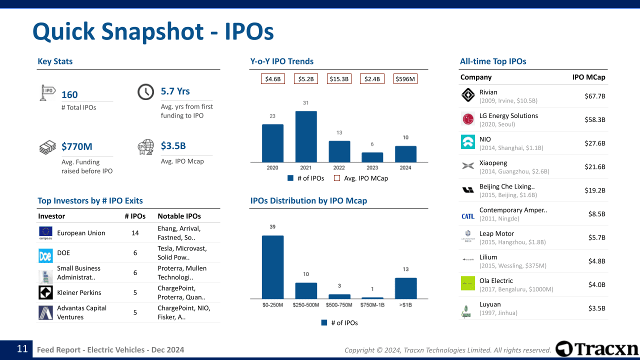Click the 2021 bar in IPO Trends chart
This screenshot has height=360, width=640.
306,136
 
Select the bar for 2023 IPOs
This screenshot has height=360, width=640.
372,157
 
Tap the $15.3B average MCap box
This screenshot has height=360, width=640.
339,79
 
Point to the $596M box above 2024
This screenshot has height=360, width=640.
405,79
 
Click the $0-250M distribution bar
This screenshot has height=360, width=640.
272,267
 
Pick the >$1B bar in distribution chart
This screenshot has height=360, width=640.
405,288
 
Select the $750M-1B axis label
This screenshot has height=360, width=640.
372,304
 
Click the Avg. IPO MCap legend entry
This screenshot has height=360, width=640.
361,178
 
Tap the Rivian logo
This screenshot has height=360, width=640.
468,95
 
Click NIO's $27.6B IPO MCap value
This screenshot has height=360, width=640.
594,143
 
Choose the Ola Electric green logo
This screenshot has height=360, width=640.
468,283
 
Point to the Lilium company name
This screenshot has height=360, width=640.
488,257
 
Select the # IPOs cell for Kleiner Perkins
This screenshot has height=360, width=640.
135,292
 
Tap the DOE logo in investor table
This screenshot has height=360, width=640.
45,255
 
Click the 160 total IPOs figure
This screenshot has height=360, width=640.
69,94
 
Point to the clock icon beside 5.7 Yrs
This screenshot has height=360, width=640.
145,92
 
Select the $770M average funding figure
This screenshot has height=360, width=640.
76,146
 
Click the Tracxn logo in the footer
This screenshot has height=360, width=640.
597,348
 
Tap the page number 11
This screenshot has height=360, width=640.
22,349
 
